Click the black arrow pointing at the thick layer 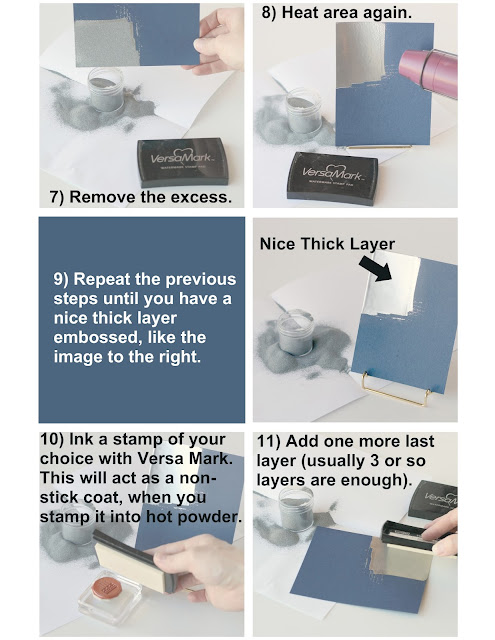(x=376, y=269)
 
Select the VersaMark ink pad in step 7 (x=183, y=162)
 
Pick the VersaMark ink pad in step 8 (x=333, y=178)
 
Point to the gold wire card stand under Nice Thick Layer (x=397, y=389)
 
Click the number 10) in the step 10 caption (x=52, y=440)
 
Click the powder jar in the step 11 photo (x=296, y=509)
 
